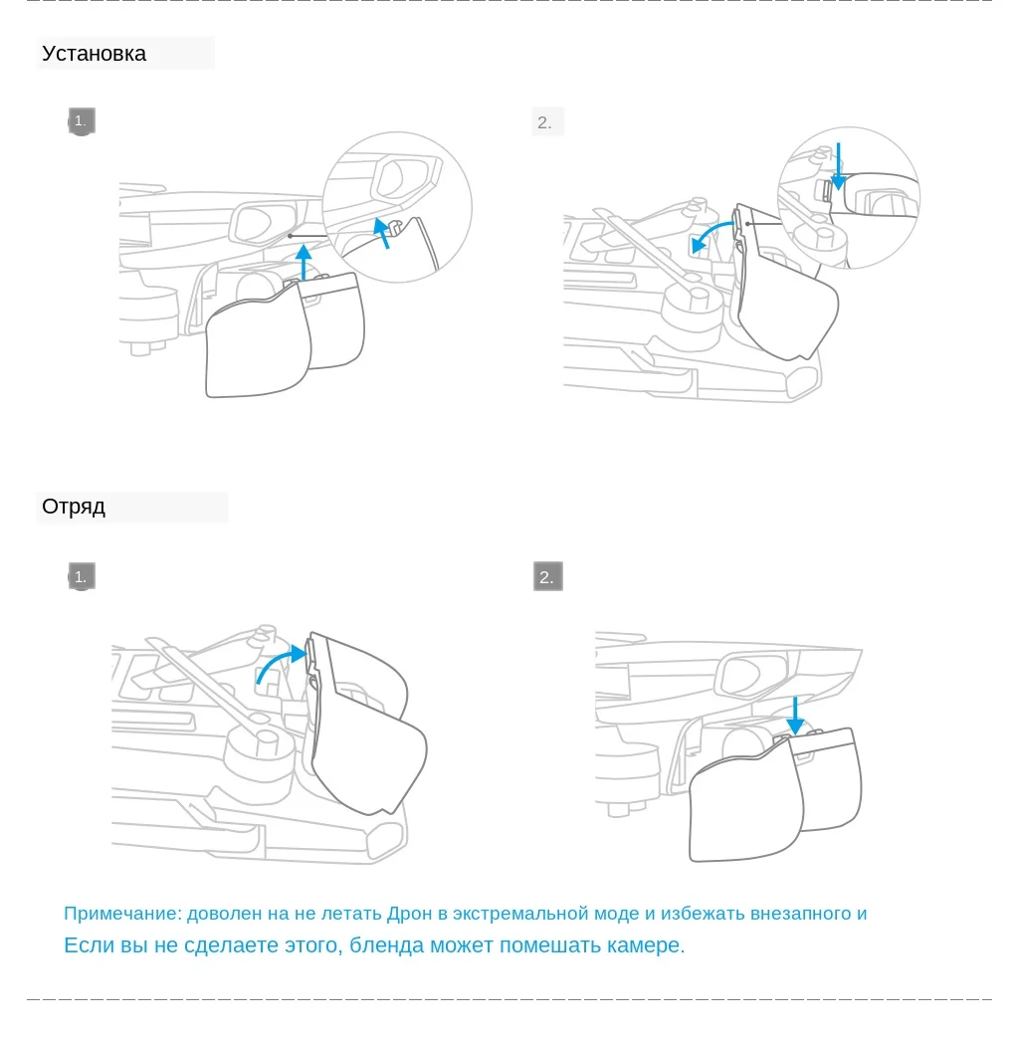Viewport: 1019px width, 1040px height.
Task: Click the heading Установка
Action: tap(94, 54)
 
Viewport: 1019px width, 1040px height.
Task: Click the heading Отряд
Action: tap(74, 507)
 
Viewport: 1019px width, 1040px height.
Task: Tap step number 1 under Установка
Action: tap(81, 121)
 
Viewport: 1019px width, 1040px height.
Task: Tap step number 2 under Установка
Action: tap(545, 122)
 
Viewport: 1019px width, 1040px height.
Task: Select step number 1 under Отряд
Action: tap(81, 576)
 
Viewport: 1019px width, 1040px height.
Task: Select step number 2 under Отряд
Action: tap(547, 577)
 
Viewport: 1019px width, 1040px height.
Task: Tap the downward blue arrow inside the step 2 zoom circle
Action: tap(839, 165)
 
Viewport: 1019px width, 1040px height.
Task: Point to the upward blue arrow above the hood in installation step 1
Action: tap(305, 264)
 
